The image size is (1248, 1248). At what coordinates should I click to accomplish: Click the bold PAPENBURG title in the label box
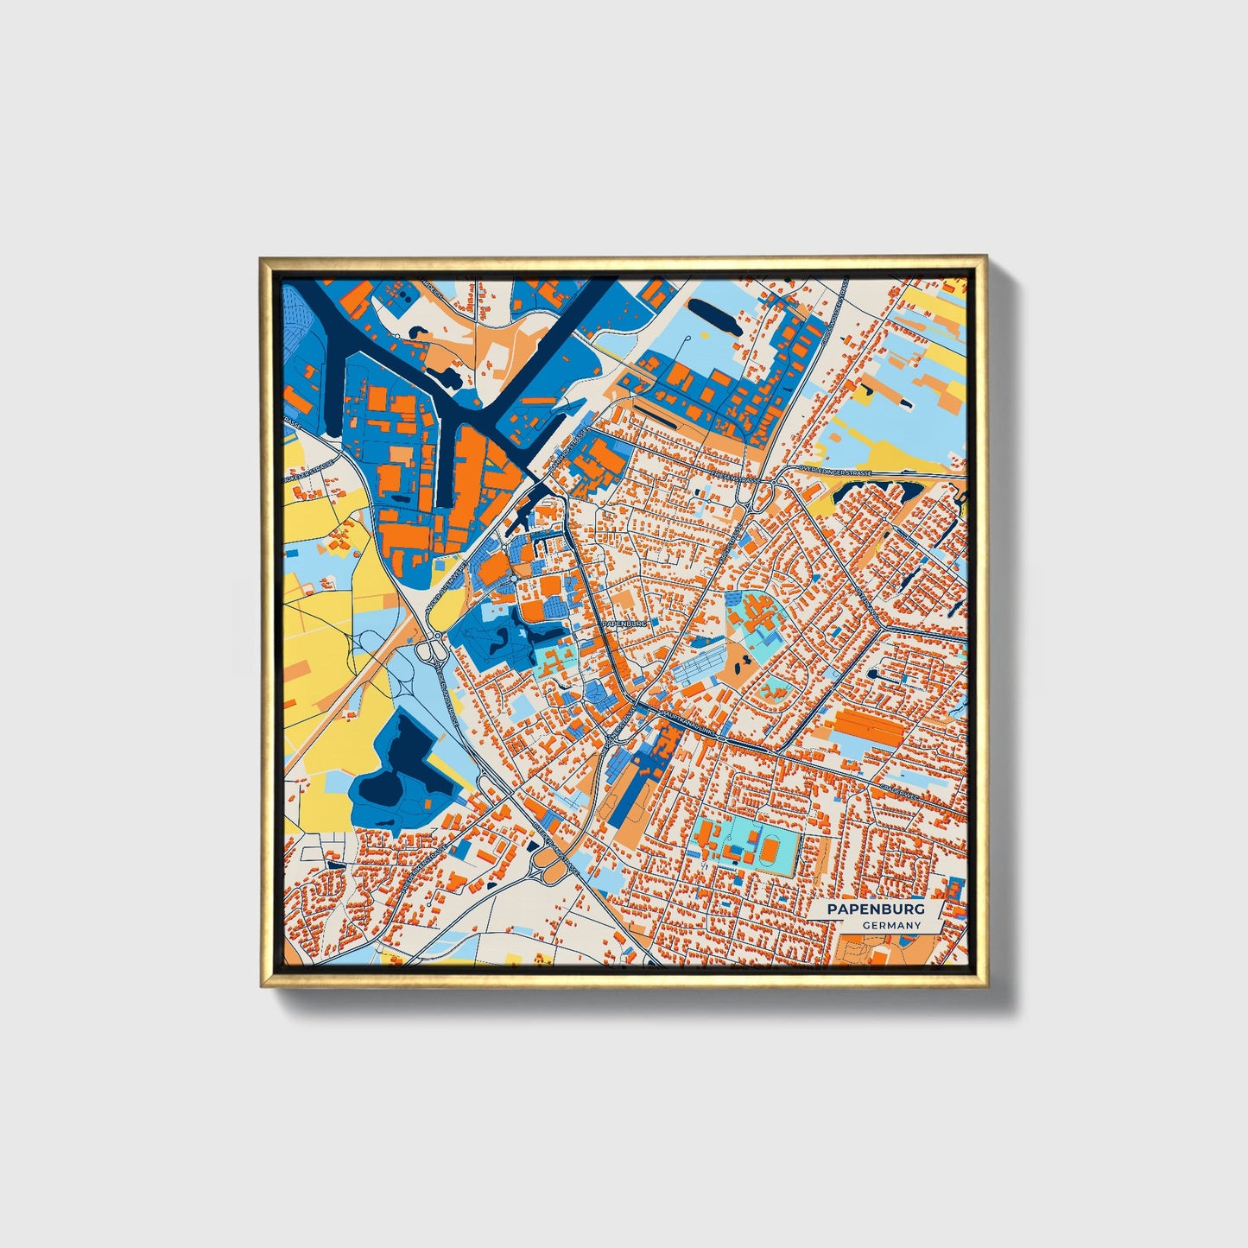[x=876, y=909]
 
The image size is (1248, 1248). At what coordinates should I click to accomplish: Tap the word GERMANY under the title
[x=891, y=926]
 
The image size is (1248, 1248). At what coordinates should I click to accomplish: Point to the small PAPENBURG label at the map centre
[x=624, y=622]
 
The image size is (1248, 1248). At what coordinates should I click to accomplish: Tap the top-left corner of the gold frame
[x=262, y=257]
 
